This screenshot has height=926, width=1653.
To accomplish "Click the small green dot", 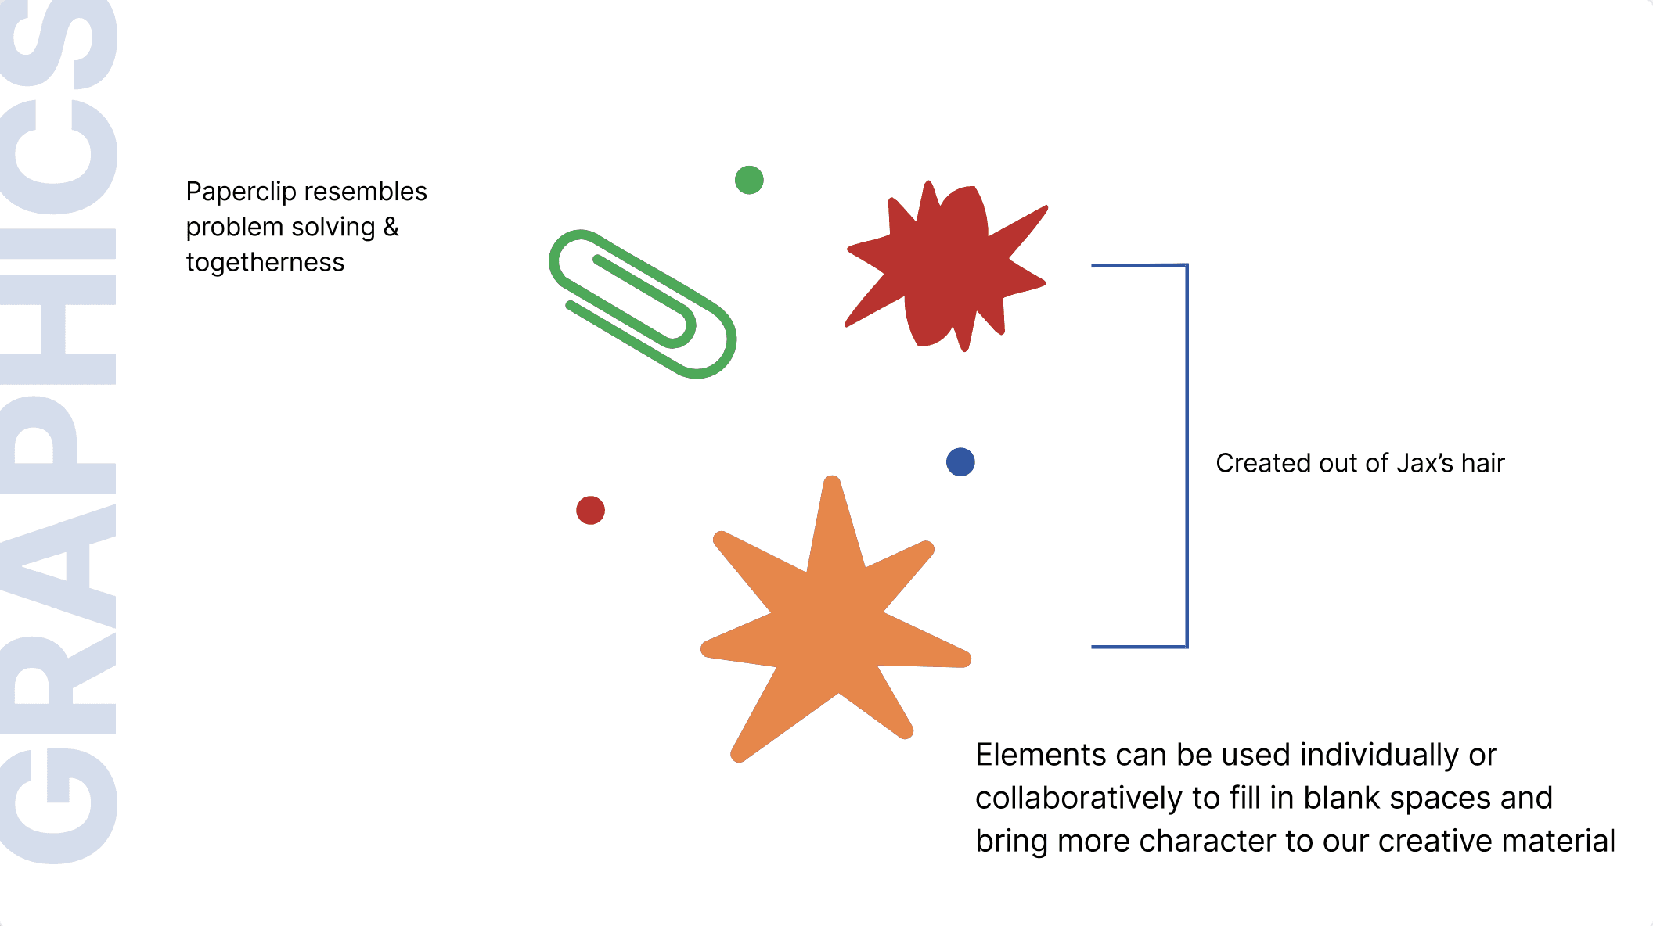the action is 749,180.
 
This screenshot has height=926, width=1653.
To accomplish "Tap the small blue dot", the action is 960,462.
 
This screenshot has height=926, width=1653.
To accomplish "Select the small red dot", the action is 590,511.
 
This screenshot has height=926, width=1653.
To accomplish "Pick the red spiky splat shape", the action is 947,266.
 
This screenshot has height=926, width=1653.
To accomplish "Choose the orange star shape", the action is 834,626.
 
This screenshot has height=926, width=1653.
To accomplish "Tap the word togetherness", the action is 265,263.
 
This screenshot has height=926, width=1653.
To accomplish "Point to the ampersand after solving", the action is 391,227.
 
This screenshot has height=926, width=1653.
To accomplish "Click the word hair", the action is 1482,463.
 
